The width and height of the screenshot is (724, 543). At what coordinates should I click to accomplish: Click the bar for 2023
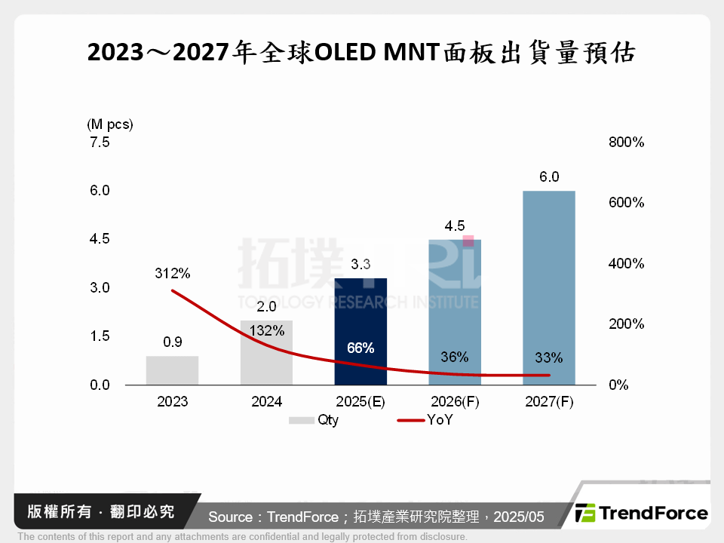point(172,370)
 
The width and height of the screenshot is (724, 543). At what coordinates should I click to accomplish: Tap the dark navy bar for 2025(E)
point(360,332)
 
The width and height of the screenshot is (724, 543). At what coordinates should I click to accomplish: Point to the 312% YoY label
point(173,273)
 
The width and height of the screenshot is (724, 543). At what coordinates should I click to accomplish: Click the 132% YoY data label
point(267,330)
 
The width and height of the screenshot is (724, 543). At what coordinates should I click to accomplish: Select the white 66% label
point(360,348)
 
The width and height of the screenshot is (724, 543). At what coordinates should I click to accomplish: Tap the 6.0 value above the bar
point(549,177)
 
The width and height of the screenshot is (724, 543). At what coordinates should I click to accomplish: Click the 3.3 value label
point(360,265)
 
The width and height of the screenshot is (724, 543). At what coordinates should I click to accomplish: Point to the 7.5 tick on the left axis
point(100,142)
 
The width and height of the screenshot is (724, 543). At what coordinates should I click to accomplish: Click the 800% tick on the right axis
point(626,142)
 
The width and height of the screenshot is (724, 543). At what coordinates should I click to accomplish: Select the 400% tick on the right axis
point(626,264)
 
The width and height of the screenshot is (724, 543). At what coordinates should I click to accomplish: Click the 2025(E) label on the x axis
point(360,402)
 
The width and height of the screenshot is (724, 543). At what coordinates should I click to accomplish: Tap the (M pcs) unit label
point(110,124)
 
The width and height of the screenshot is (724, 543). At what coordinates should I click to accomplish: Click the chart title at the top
point(362,53)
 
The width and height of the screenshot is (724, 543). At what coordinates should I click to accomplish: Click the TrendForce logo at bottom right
point(642,514)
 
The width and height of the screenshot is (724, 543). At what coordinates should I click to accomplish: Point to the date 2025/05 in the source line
point(519,517)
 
